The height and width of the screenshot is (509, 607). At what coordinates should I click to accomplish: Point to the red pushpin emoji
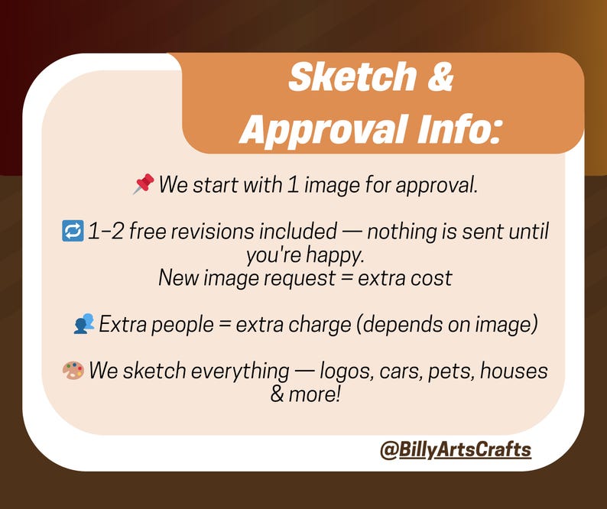[143, 184]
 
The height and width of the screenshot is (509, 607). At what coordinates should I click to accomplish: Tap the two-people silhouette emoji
[83, 324]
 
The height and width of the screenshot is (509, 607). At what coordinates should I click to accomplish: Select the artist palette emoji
[73, 371]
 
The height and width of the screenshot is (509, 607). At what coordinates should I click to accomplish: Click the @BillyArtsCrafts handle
[455, 449]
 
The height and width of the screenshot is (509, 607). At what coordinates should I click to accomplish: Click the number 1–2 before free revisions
[105, 230]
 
